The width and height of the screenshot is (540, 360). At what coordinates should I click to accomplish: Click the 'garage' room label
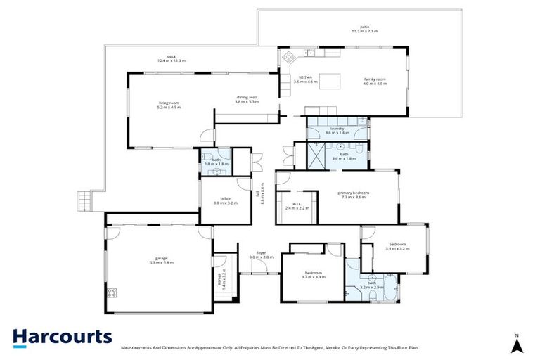161,258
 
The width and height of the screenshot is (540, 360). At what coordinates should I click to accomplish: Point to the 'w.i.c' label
297,204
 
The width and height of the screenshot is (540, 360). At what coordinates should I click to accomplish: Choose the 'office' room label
226,199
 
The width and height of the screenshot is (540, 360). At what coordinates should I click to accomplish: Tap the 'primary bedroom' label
353,193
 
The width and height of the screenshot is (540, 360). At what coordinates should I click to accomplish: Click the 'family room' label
375,79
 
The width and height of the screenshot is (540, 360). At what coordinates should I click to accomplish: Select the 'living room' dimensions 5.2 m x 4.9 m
169,108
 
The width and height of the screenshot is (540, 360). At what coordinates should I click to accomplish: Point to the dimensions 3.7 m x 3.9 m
313,276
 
